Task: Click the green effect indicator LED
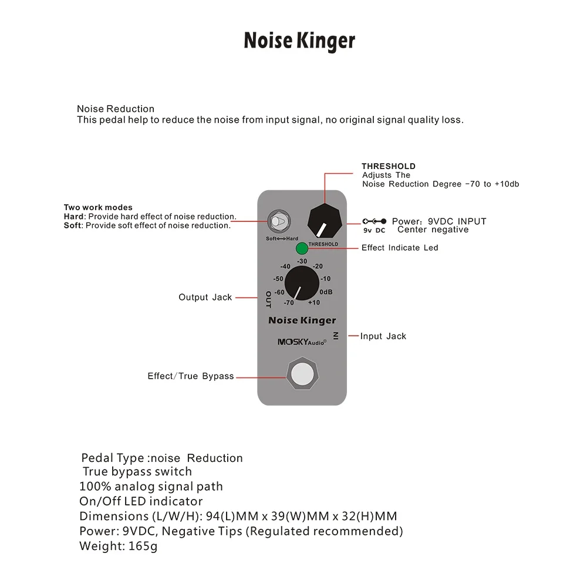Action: (x=302, y=248)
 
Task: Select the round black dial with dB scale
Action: (x=302, y=283)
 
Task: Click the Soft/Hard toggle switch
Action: (x=277, y=222)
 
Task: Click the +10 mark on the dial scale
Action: (x=314, y=303)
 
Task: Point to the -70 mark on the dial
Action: (x=288, y=303)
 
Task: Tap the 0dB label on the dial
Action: (x=326, y=292)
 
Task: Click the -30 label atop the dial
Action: (x=302, y=261)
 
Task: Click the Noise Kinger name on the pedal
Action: (x=302, y=321)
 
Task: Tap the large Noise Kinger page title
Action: (x=299, y=41)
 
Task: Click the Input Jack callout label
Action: (x=383, y=336)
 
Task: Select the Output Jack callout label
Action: (x=205, y=298)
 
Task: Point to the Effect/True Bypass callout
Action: (x=191, y=376)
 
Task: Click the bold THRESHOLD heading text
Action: (x=389, y=166)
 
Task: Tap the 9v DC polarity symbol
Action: (x=375, y=225)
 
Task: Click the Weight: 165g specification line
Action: (x=119, y=546)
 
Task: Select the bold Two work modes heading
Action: (x=98, y=207)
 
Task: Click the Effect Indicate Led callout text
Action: (x=400, y=248)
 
